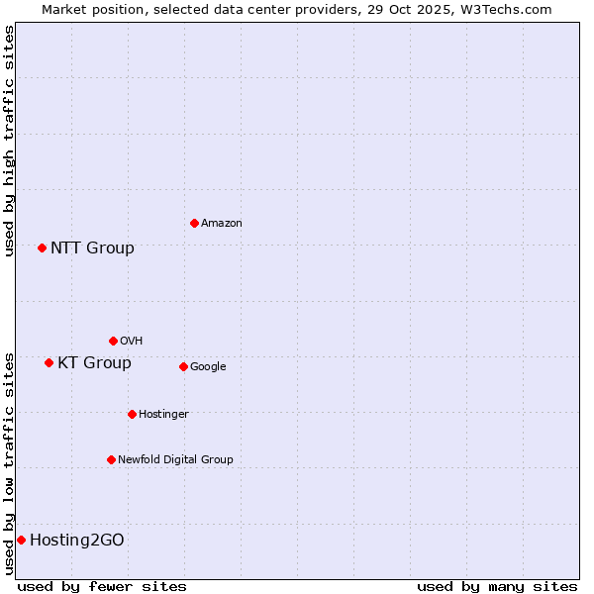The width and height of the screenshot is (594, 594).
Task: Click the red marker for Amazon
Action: (x=194, y=223)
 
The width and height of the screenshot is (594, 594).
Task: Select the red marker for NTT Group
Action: (x=42, y=247)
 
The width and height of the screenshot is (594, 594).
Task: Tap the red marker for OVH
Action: (x=113, y=341)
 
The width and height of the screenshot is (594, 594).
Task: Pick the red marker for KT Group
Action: (x=49, y=362)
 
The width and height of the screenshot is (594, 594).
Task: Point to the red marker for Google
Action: (x=183, y=366)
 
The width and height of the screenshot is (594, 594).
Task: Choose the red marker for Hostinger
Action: (x=132, y=414)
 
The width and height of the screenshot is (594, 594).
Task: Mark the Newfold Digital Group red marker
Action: (x=111, y=459)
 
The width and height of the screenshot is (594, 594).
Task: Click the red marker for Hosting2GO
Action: (x=21, y=540)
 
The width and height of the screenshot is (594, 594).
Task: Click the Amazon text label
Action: (x=222, y=223)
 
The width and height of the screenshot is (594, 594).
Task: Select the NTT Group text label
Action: (x=92, y=247)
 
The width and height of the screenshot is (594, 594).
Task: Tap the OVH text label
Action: (x=132, y=341)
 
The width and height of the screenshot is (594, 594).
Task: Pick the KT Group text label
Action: (x=94, y=362)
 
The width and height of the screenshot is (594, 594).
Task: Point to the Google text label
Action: (x=208, y=366)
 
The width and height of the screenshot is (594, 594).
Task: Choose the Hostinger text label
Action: (x=163, y=414)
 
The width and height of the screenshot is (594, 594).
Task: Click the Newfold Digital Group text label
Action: (x=175, y=459)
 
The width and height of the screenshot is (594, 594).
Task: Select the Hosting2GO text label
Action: (x=77, y=540)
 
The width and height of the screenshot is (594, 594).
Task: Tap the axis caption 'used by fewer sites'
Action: (x=102, y=586)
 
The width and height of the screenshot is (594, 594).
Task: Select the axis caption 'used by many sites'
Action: (x=497, y=586)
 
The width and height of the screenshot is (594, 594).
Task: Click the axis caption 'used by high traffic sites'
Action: (x=9, y=141)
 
